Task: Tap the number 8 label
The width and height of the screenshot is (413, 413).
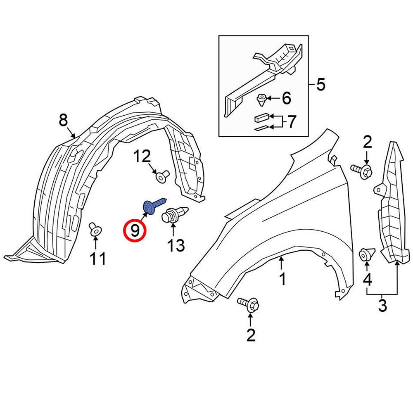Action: click(63, 121)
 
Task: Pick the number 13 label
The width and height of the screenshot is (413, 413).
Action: click(176, 245)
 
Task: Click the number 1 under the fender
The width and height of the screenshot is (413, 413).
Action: click(282, 280)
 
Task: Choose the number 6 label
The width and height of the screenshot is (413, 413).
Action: click(286, 98)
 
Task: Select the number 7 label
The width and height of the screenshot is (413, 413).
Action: click(292, 121)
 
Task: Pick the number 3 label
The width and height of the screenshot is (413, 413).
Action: click(382, 306)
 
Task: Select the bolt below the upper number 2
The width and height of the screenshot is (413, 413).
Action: click(362, 169)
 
